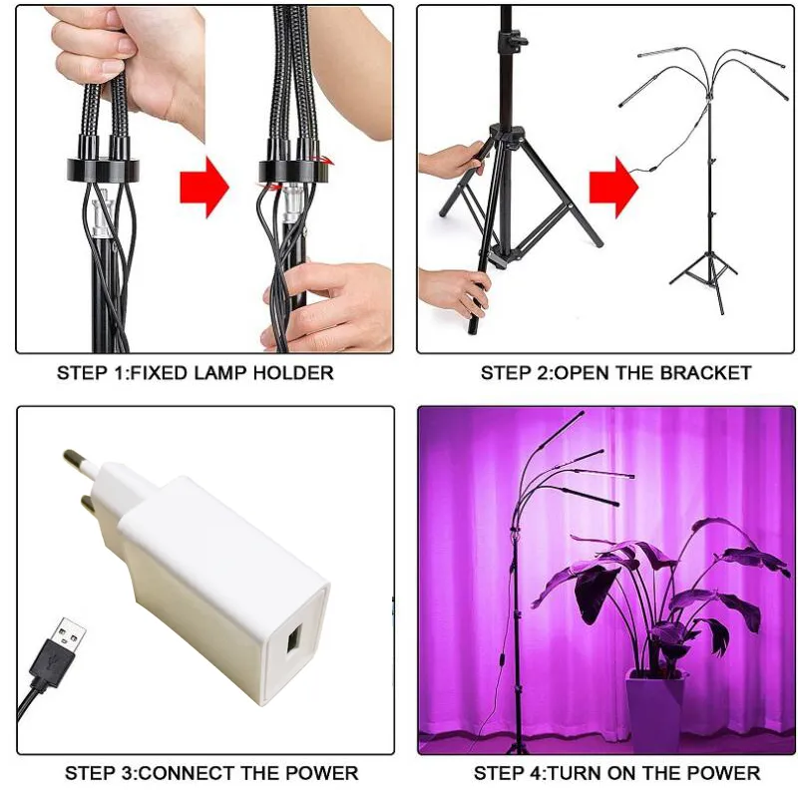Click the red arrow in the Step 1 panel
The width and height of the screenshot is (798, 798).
click(204, 185)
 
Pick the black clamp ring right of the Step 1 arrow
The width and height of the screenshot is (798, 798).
click(294, 169)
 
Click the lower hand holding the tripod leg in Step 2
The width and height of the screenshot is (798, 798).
click(454, 290)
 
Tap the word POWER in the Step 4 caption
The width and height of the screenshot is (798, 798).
click(726, 773)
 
